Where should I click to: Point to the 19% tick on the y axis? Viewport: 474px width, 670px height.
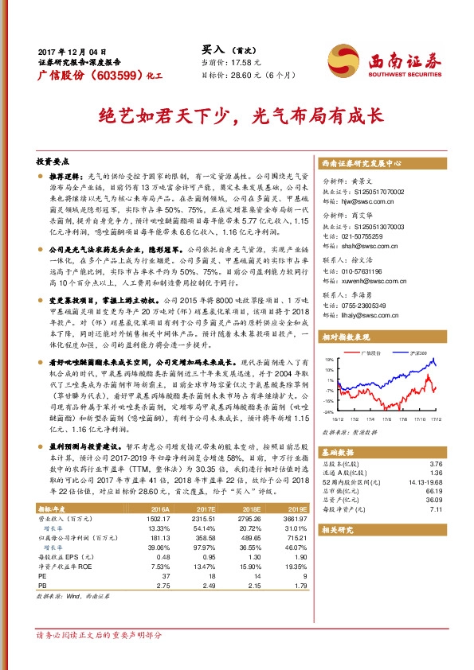point(329,360)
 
